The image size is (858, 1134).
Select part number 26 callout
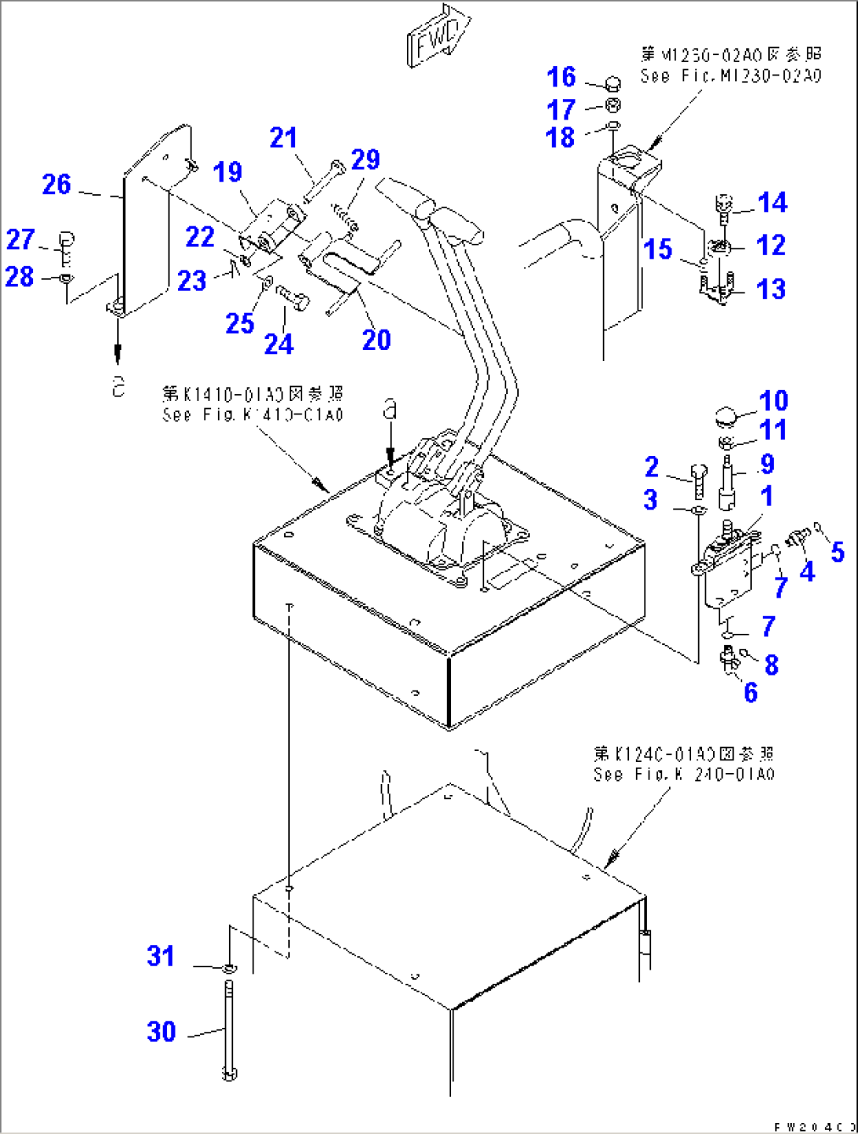[56, 185]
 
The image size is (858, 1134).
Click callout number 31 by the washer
[161, 956]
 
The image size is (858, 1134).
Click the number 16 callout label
[561, 77]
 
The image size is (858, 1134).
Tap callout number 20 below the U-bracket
[376, 340]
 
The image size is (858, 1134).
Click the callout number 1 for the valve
[767, 495]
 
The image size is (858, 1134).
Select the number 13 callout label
[771, 289]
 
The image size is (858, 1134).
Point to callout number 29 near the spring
[365, 160]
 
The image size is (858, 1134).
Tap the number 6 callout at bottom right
[750, 692]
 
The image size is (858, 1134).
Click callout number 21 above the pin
[283, 138]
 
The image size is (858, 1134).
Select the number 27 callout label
[20, 239]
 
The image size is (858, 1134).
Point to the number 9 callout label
[767, 464]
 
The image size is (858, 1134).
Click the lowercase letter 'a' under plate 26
[118, 385]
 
